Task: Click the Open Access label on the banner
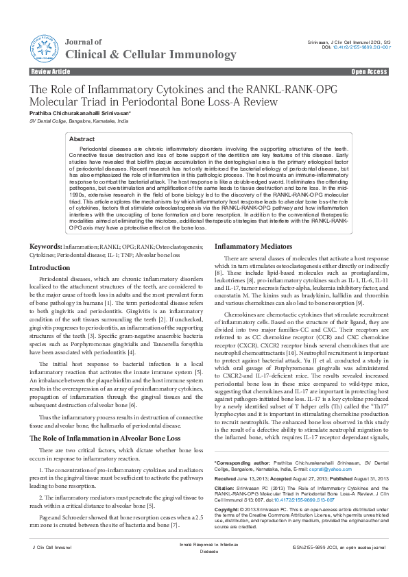[x=370, y=72]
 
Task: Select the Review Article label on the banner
[x=51, y=72]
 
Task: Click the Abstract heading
[x=82, y=139]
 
